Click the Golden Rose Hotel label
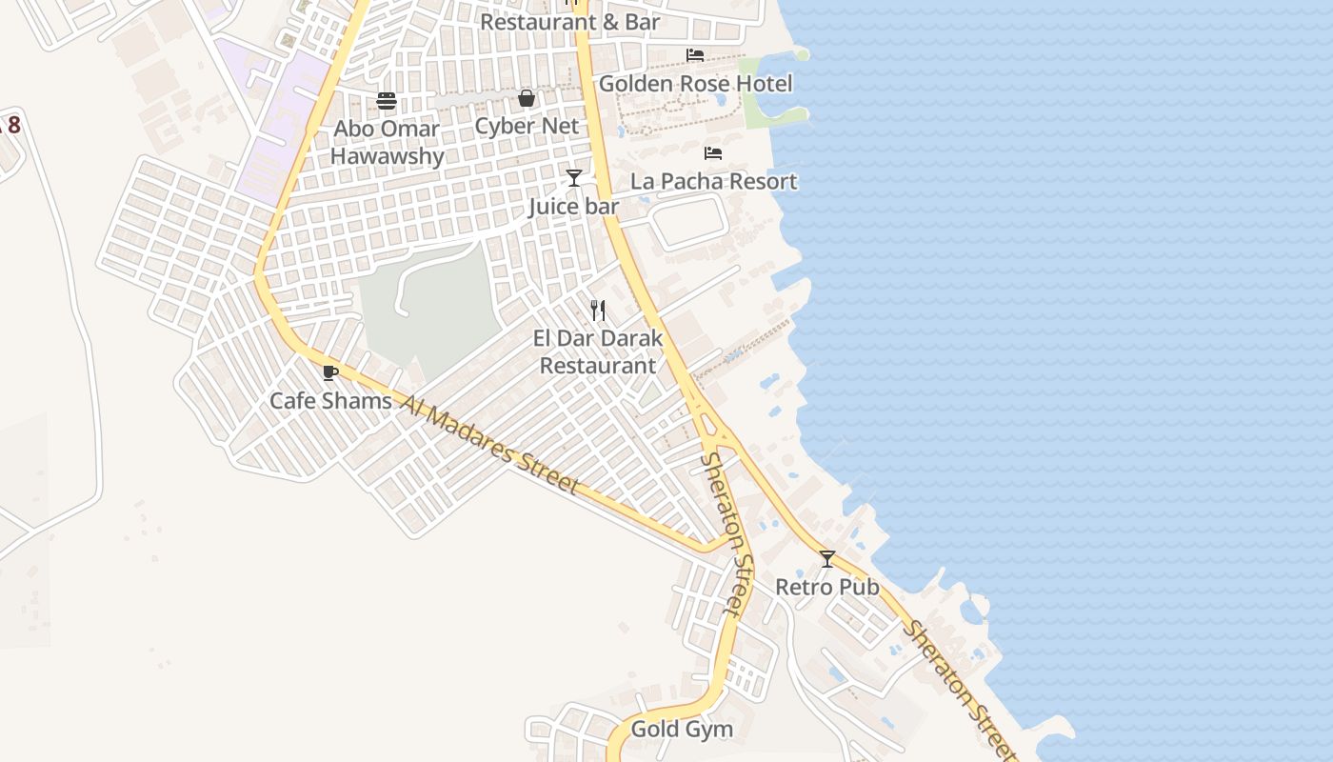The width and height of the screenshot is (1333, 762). point(695,84)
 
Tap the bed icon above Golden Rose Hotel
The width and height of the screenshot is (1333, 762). point(695,55)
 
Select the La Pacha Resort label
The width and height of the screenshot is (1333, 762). point(714,181)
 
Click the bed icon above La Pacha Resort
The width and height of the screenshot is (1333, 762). point(713,153)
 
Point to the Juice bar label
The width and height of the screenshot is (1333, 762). point(573,207)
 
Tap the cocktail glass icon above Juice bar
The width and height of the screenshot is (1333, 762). point(573,178)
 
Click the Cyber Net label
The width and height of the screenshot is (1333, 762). point(527,126)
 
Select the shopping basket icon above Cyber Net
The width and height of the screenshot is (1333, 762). point(527,98)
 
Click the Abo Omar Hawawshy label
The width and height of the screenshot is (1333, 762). point(387,142)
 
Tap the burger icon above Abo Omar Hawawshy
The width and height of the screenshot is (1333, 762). point(387,100)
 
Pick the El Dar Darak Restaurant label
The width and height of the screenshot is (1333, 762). point(598,351)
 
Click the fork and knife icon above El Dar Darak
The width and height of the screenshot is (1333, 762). point(598,310)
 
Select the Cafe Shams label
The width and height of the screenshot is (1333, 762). point(330,400)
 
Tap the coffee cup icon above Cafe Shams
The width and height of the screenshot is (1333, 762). point(330,372)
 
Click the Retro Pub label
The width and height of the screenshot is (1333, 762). point(827,587)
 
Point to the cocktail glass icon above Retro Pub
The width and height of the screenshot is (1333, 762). point(827,559)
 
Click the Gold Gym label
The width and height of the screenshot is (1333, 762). point(683,730)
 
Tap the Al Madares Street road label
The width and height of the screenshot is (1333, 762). point(490,445)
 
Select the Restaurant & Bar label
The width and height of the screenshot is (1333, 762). point(570,21)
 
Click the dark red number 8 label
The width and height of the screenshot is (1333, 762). point(13,125)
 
